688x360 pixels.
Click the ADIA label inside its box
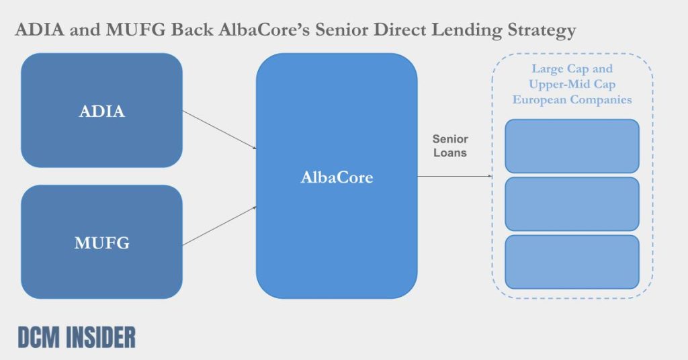click(101, 111)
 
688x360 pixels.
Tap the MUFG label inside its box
click(101, 243)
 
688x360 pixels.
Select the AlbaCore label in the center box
click(336, 178)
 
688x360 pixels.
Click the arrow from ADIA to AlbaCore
click(219, 130)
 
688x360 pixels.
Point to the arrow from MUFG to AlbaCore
click(219, 226)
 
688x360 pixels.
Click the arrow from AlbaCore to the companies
click(455, 177)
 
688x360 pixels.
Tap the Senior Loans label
click(450, 146)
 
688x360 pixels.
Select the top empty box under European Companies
click(572, 146)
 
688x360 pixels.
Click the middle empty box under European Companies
click(572, 204)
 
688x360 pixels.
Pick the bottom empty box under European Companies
click(572, 262)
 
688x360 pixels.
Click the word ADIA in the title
click(38, 31)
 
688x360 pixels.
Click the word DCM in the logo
click(36, 338)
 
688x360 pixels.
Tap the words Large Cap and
click(572, 69)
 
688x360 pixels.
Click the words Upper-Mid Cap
click(572, 85)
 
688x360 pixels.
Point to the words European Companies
click(572, 99)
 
